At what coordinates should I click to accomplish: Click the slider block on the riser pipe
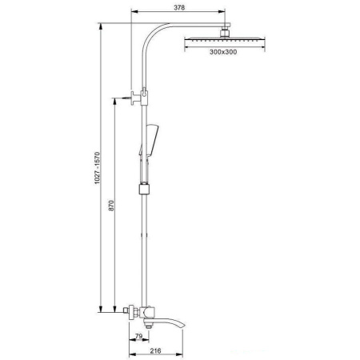pos(145,190)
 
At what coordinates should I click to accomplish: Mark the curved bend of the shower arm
pos(152,36)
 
